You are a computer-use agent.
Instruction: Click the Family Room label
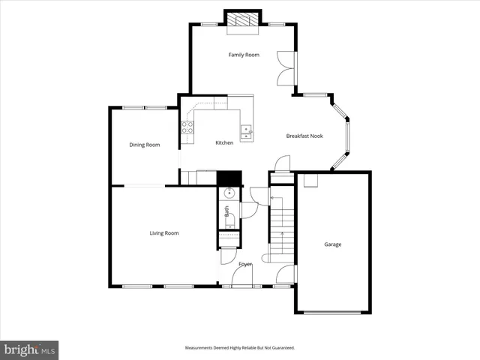[244, 55]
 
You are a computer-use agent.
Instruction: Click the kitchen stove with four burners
[187, 127]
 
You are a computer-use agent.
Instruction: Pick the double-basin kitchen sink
[246, 132]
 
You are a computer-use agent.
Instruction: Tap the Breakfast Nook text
[304, 136]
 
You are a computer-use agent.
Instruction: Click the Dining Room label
[145, 145]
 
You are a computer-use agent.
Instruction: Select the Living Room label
[163, 233]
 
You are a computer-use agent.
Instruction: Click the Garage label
[332, 244]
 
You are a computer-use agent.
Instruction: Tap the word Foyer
[245, 265]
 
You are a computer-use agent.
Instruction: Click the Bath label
[226, 212]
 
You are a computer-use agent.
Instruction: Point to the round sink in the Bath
[229, 193]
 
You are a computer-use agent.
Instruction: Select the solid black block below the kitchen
[229, 178]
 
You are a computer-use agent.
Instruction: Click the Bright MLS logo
[29, 349]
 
